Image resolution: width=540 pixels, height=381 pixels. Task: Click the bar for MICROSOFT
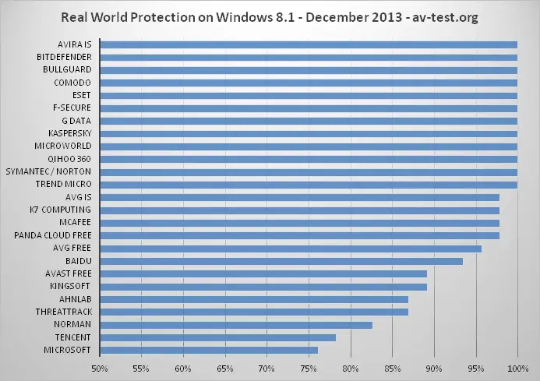(x=208, y=350)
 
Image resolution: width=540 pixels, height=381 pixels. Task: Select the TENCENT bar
(x=217, y=337)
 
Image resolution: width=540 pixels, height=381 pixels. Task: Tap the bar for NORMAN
(x=235, y=324)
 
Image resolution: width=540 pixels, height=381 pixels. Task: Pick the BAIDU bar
(x=281, y=261)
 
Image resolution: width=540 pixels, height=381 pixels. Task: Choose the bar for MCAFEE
(x=299, y=223)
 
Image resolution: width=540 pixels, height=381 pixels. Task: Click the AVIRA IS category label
(x=74, y=44)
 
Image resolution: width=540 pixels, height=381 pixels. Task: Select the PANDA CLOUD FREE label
(x=53, y=235)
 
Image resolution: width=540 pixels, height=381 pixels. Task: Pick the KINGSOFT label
(x=70, y=287)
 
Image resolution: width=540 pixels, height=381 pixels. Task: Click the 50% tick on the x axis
(x=100, y=368)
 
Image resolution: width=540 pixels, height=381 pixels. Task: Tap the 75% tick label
(x=309, y=368)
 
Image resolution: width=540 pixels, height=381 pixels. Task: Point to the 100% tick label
(x=517, y=368)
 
